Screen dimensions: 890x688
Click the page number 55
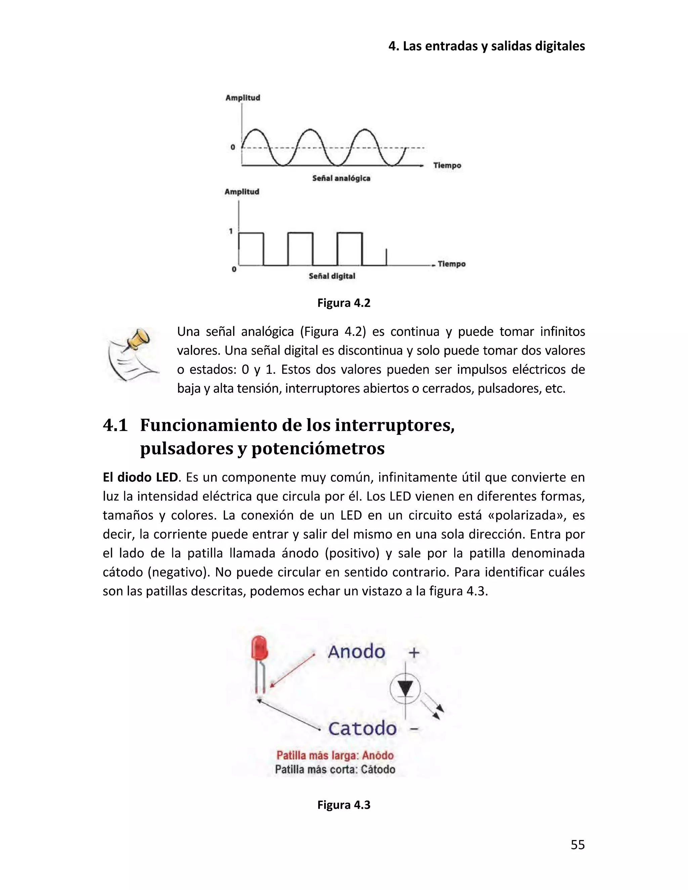[577, 844]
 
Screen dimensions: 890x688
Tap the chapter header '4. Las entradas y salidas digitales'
[486, 46]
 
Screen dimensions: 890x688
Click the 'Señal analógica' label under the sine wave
[341, 178]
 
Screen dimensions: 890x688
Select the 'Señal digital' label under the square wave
[332, 276]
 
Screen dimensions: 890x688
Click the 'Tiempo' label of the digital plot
[451, 264]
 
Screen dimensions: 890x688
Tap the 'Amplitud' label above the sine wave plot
[243, 98]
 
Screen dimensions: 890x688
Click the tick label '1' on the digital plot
[231, 231]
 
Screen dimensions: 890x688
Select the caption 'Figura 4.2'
[344, 303]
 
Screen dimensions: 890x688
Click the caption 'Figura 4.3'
[344, 805]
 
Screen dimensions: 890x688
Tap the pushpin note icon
[132, 354]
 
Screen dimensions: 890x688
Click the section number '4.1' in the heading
[115, 426]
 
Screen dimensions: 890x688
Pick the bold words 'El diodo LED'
[140, 477]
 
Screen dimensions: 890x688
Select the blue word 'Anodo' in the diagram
[356, 652]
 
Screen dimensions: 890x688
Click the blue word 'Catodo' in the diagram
[362, 728]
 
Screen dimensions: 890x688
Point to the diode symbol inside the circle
[405, 689]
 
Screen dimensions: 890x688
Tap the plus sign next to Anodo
[414, 653]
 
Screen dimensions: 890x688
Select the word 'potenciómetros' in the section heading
[318, 449]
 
